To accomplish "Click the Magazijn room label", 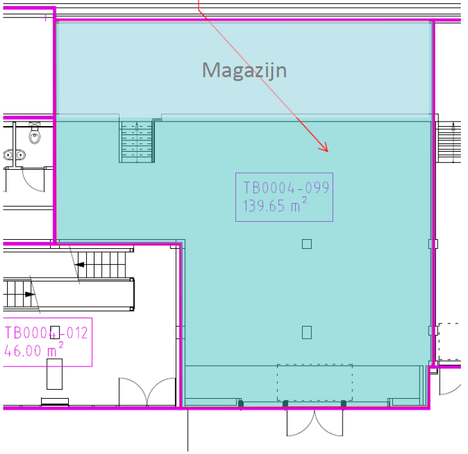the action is (x=244, y=71).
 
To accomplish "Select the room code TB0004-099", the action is (x=286, y=188).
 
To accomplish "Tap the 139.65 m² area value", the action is (x=274, y=205).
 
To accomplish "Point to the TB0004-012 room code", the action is (x=46, y=333).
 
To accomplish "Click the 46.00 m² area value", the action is (x=33, y=350).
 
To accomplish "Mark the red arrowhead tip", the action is (x=328, y=152).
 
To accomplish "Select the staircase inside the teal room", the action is (x=137, y=141).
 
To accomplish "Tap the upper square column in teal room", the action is (x=307, y=244).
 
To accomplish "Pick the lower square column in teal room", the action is (x=307, y=332).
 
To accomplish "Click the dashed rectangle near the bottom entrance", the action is (x=315, y=383).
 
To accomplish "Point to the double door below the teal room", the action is (x=315, y=423).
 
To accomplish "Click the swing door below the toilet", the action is (x=33, y=179).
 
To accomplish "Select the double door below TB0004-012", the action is (x=147, y=392).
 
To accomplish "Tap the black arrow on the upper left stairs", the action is (x=80, y=265).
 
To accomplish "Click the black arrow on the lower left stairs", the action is (x=30, y=295).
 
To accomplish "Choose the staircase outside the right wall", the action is (x=449, y=141).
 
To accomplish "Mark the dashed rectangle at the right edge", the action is (x=450, y=341).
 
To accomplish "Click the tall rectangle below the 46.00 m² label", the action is (x=55, y=374).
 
